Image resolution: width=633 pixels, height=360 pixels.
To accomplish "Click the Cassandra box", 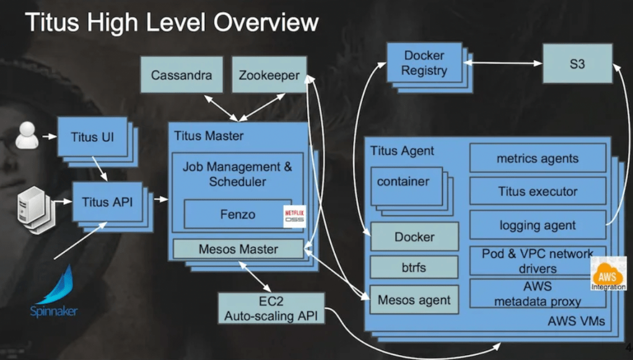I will pos(181,76).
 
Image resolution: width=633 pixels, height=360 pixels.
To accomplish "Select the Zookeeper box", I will pos(269,76).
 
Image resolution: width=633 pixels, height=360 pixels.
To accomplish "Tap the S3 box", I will pos(577,63).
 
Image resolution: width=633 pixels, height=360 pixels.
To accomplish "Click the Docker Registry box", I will pos(424,63).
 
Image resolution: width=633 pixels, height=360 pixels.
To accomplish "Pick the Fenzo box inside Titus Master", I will pos(237,214).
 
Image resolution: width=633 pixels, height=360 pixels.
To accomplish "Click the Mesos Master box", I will pos(238,249).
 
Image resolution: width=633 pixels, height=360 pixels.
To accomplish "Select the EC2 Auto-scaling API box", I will pos(271,308).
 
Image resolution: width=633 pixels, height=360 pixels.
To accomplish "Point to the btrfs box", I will pos(414,268).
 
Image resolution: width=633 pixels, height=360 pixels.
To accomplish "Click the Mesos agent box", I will pos(414,301).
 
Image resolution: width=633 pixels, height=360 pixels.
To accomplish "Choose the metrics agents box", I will pos(537,159).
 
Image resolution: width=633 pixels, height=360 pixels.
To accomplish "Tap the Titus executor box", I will pos(537,191).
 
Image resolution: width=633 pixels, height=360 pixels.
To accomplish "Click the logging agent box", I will pos(537,226).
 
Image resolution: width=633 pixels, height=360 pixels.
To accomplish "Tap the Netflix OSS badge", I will pos(294,216).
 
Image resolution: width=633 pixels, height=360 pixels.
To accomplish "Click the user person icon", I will pos(27,135).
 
